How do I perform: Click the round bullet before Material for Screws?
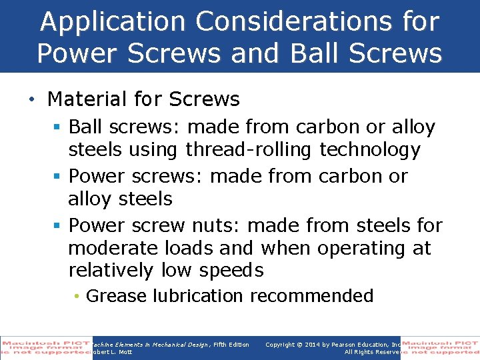click(31, 100)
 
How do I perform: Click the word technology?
click(370, 150)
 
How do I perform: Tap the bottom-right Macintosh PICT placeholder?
click(440, 347)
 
